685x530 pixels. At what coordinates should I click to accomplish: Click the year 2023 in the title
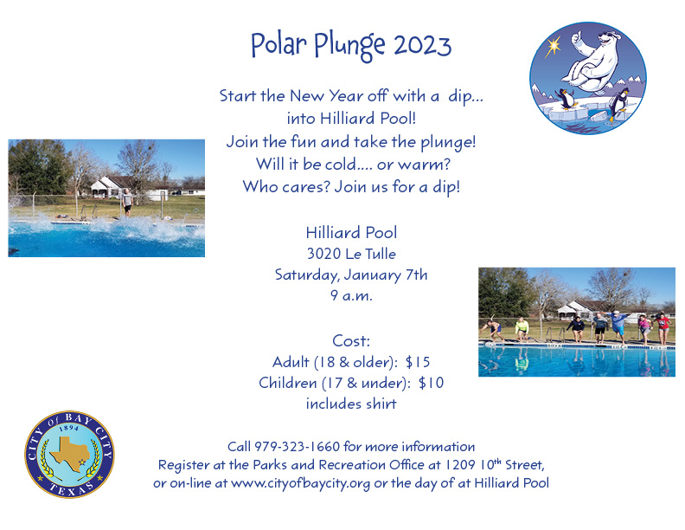point(422,45)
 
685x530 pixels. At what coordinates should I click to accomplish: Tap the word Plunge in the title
point(349,47)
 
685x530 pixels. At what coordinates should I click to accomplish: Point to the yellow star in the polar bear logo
point(553,46)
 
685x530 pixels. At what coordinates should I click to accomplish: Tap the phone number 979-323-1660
point(297,447)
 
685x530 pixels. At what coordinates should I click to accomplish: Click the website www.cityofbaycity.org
point(301,483)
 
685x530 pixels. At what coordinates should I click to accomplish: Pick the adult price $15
point(418,362)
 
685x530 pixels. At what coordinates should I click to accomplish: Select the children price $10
point(432,383)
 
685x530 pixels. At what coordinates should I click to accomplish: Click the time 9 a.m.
point(351,295)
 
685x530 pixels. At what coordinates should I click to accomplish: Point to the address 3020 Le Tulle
point(351,254)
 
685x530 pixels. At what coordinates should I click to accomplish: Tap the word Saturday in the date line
point(307,275)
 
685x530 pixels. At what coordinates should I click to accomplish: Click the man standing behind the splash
point(127,202)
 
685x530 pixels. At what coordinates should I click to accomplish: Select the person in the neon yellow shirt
point(522,329)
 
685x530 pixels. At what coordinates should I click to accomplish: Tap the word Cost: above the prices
point(351,340)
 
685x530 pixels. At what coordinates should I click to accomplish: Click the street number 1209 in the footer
point(459,465)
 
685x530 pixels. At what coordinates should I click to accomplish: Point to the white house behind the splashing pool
point(109,187)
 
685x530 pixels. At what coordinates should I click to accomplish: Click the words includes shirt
point(351,404)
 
